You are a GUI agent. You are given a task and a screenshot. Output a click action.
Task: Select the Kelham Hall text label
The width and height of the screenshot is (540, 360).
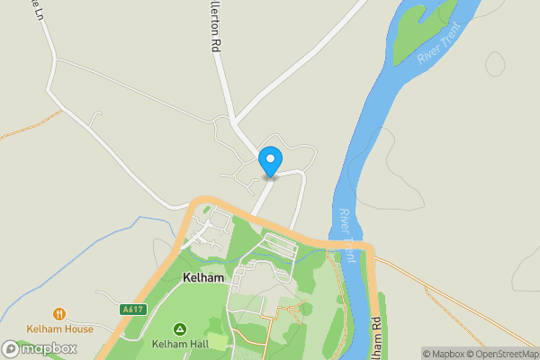coord(180,344)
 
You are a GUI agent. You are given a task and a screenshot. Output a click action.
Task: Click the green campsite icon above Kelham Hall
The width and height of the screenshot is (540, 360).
coord(180,329)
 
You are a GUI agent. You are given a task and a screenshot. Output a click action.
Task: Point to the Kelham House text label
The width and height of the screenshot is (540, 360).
coord(59,329)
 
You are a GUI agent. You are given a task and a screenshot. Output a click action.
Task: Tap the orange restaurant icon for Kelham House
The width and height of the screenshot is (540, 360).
coord(59,314)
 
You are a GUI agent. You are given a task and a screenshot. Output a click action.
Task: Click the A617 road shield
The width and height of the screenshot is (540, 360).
coord(132,310)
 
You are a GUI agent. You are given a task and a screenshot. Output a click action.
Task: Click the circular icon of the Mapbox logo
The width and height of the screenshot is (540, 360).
coord(13,348)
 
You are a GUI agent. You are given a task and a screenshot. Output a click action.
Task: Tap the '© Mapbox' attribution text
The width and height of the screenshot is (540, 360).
coord(443,354)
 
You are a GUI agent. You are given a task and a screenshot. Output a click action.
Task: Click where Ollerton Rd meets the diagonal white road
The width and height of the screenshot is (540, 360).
coord(233,120)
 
